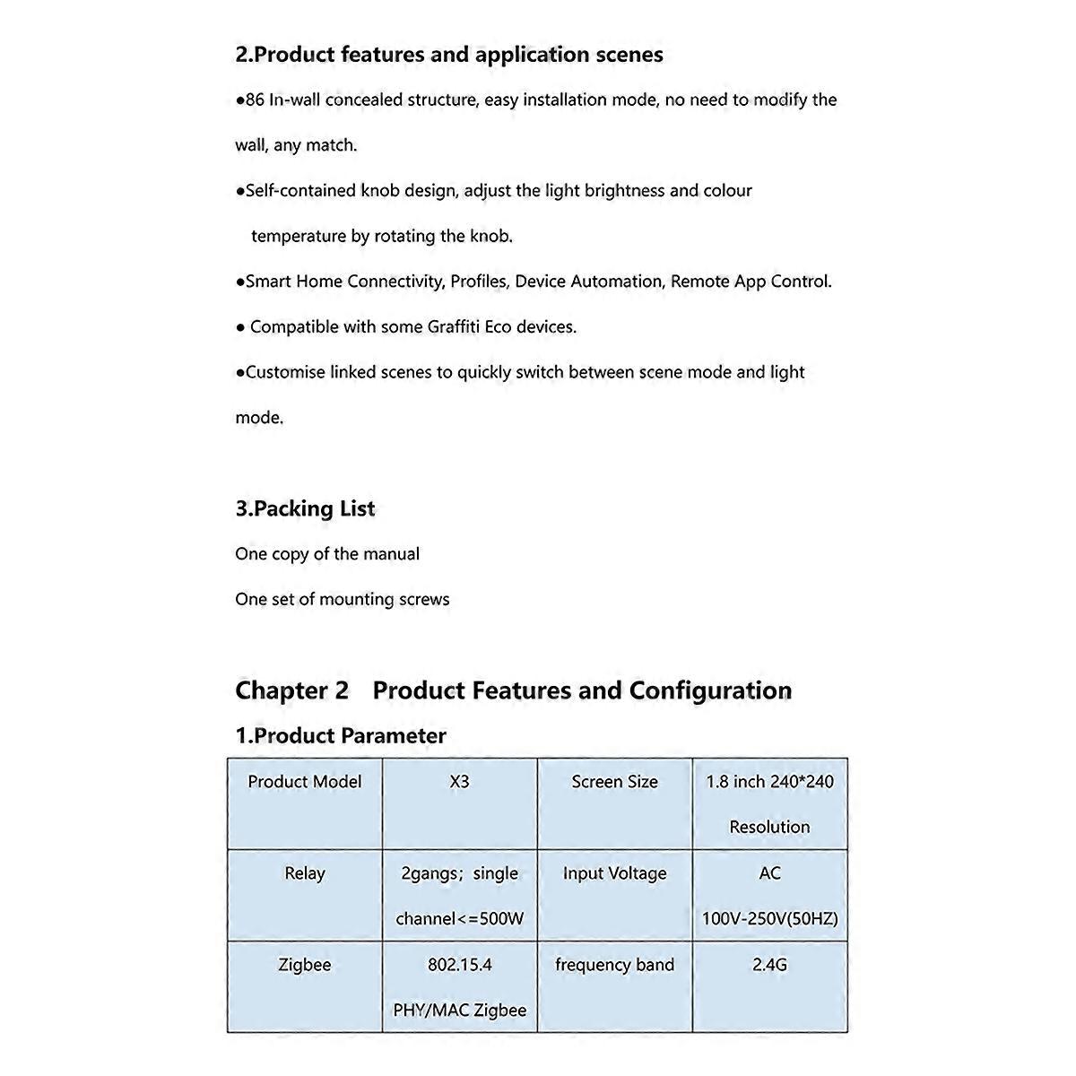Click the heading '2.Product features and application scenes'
coord(449,55)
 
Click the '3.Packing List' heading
coord(305,508)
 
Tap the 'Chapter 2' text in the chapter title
coord(291,690)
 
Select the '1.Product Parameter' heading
coord(341,736)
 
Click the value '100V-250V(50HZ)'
coord(770,919)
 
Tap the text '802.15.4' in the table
coord(459,965)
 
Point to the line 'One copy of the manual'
coord(327,554)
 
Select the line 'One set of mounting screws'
coord(343,600)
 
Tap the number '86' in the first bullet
coord(256,100)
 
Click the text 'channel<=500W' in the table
coord(459,919)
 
